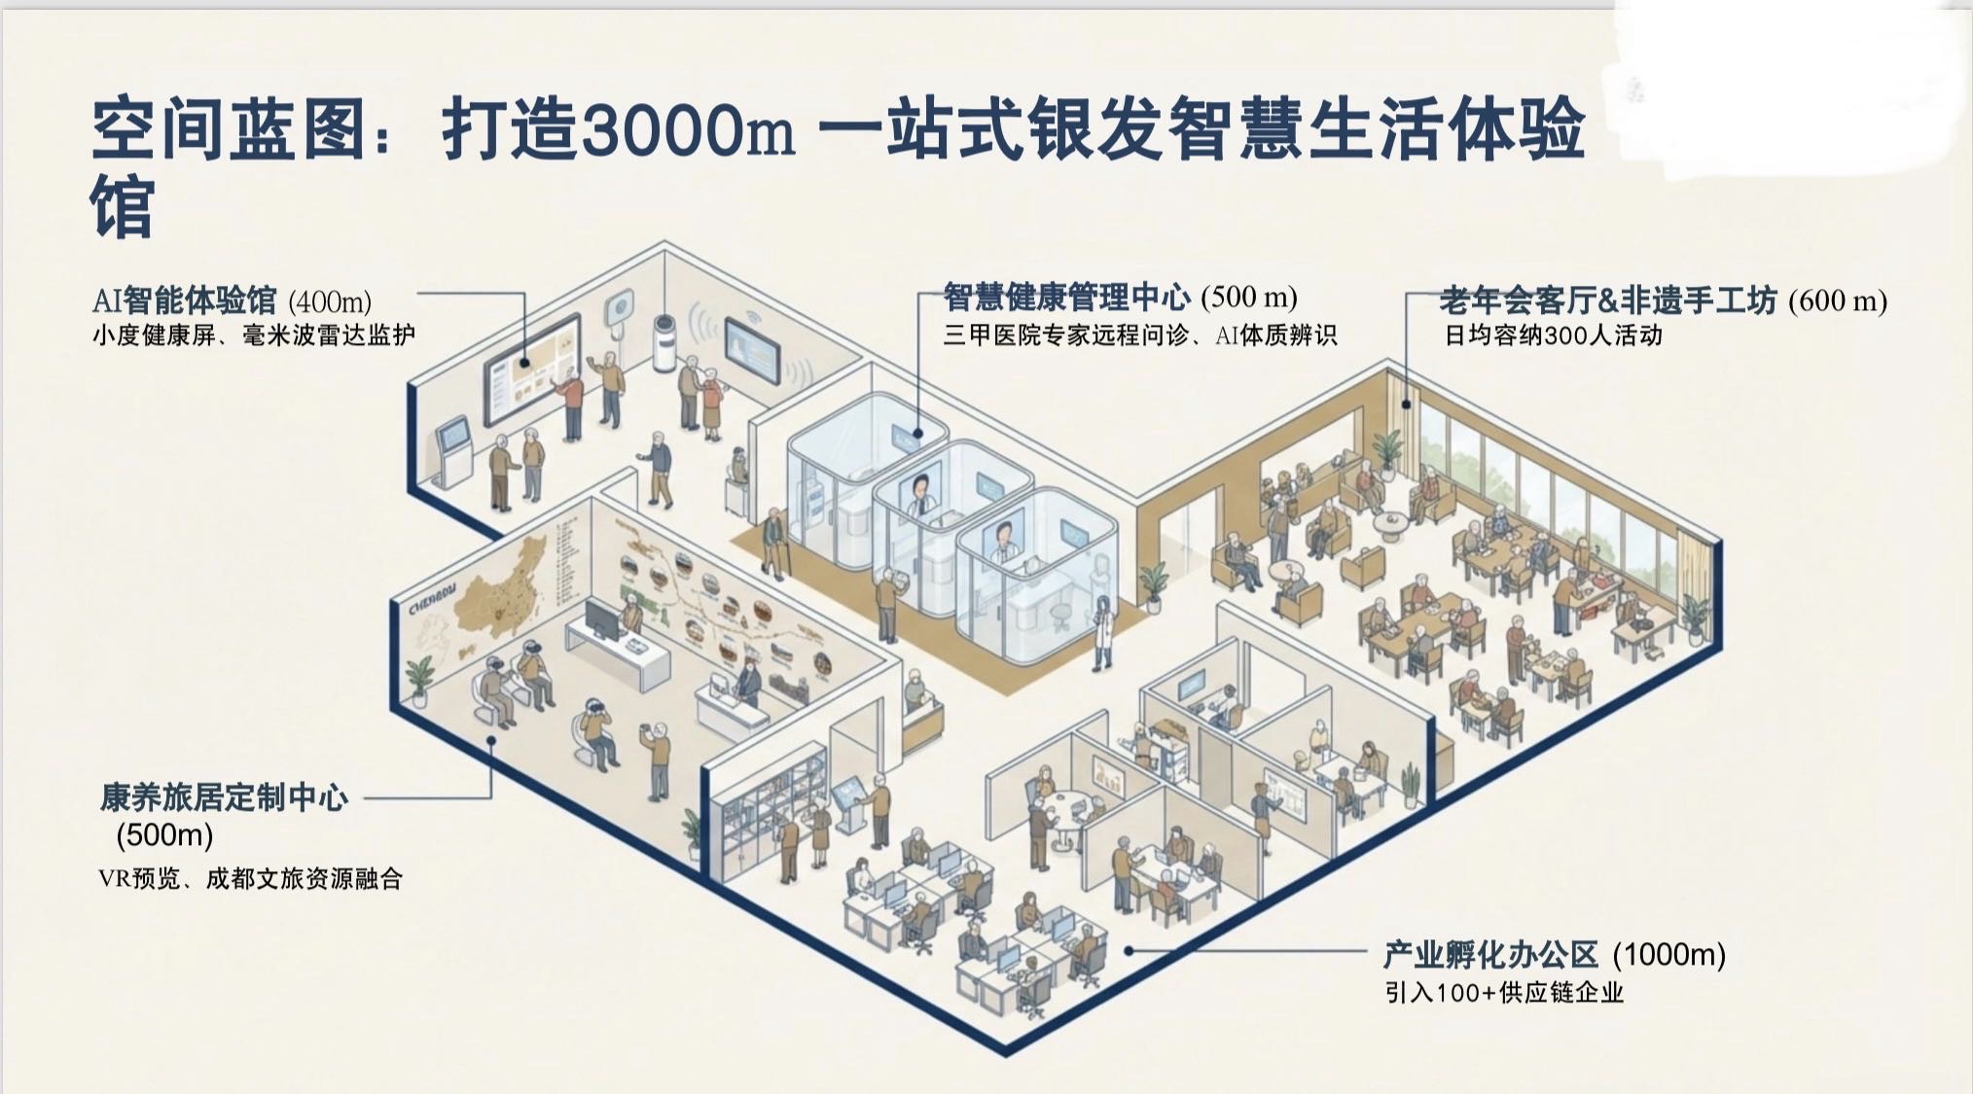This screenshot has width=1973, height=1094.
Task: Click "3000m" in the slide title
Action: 687,131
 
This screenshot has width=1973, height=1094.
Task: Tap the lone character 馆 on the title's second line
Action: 123,206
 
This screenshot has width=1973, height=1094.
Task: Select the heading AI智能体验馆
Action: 185,300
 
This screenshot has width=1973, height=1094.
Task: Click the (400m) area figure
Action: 330,301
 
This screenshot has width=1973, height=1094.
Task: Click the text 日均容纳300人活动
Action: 1553,335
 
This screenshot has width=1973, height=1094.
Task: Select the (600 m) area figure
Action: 1838,300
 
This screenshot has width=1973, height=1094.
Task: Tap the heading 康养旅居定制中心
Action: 224,797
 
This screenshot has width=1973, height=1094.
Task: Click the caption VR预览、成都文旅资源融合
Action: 250,879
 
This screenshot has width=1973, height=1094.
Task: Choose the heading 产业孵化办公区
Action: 1491,954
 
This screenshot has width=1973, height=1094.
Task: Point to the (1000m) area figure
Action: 1669,954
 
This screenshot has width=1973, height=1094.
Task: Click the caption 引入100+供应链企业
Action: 1504,993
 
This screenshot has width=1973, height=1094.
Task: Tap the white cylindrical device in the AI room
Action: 664,342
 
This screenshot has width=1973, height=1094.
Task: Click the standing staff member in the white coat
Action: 1102,633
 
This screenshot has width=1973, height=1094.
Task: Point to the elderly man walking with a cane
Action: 773,540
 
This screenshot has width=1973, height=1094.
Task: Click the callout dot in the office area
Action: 1130,950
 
